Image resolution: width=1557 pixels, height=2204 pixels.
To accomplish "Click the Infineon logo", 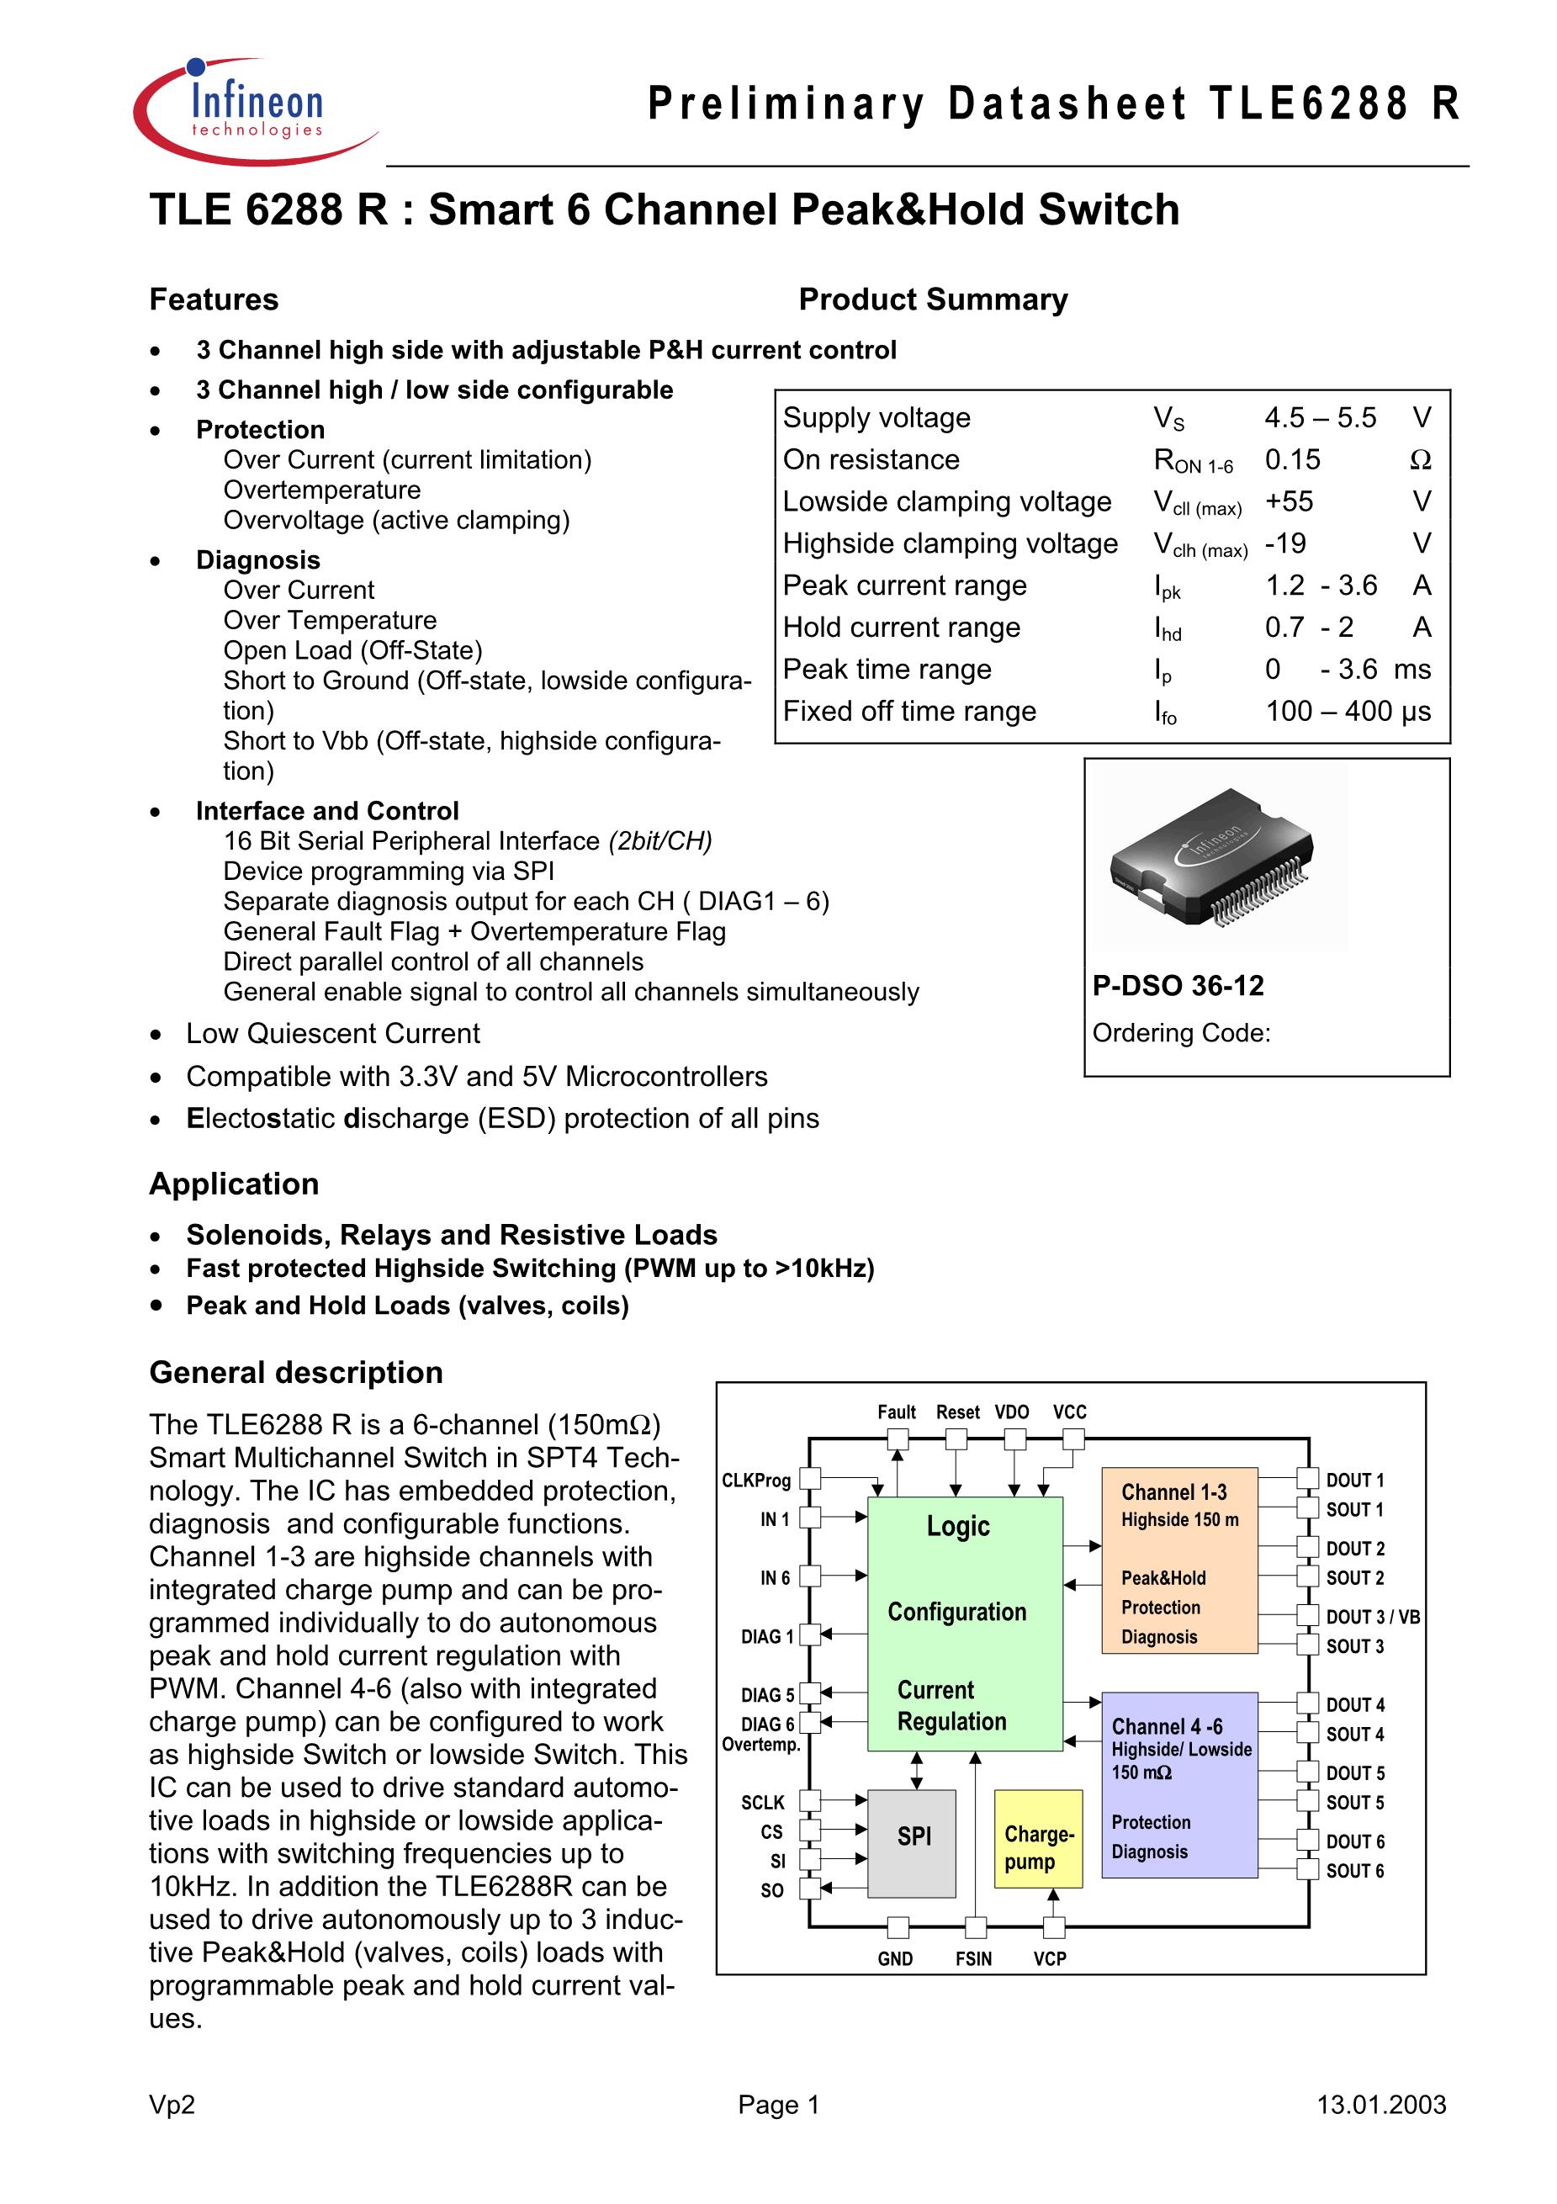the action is [x=256, y=110].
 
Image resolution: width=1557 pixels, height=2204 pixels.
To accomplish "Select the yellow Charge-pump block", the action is [x=1038, y=1839].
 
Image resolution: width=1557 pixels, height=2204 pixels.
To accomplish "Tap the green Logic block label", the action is [x=958, y=1525].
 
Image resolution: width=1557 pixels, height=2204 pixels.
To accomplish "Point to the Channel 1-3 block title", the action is [x=1174, y=1491].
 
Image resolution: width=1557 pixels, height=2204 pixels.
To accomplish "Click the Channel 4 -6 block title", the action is [x=1168, y=1726].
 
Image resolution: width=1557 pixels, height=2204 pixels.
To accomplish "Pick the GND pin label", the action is [x=896, y=1958].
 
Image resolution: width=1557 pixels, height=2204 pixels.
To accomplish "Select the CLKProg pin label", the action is [x=756, y=1481].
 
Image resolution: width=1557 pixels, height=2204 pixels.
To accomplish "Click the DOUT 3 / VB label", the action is [x=1373, y=1617].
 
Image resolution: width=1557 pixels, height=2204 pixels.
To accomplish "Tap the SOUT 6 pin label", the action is [x=1355, y=1870].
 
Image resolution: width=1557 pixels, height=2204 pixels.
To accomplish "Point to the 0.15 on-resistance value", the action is [x=1292, y=460].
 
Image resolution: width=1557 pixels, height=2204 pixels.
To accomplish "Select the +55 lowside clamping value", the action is [x=1288, y=501].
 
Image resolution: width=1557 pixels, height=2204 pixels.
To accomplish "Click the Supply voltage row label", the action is [x=876, y=417].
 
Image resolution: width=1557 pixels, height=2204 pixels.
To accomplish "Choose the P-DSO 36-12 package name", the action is [x=1178, y=985].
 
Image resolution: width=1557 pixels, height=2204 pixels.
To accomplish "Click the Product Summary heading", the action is [x=933, y=299].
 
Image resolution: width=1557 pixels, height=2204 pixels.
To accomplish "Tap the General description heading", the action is [x=295, y=1373].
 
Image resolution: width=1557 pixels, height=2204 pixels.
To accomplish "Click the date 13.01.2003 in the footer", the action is [x=1381, y=2104].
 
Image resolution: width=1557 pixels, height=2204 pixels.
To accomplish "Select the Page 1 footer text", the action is [x=779, y=2104].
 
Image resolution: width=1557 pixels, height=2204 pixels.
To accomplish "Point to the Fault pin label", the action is [x=897, y=1412].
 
